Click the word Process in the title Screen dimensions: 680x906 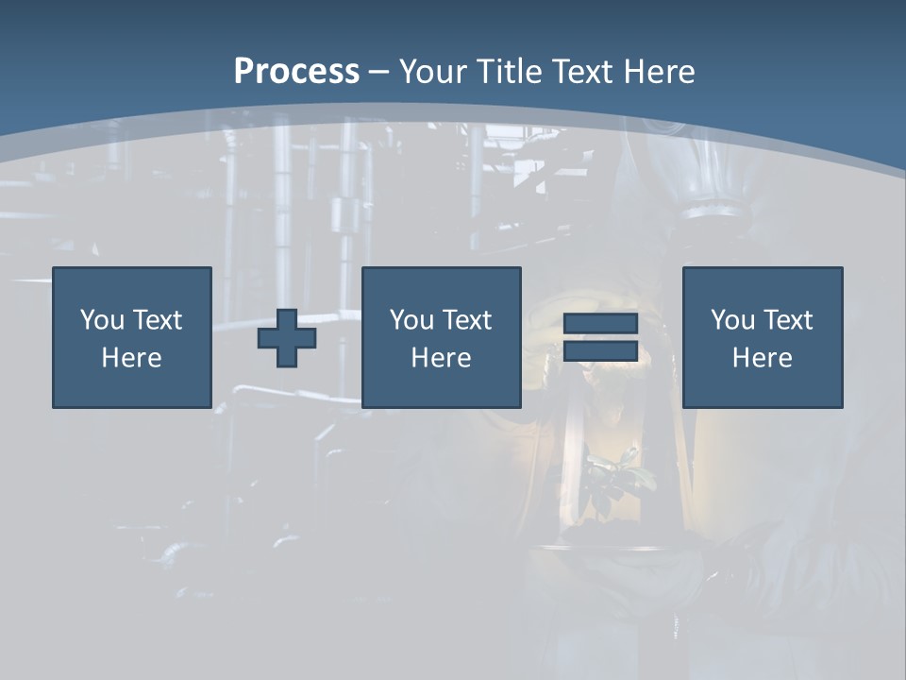pos(296,72)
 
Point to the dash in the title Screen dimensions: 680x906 pos(378,73)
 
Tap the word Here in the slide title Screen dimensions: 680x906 pos(662,72)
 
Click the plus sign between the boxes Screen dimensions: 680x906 pos(287,338)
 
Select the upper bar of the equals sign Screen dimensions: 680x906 pos(600,324)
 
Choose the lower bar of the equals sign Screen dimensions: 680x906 pos(600,350)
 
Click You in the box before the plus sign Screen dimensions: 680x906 pos(102,320)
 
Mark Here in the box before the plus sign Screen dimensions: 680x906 pos(131,358)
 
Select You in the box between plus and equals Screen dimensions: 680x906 pos(411,320)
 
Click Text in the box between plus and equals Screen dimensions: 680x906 pos(466,320)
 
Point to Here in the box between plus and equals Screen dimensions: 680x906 pos(441,358)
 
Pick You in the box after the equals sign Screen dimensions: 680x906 pos(732,320)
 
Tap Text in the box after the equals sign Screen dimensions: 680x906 pos(787,320)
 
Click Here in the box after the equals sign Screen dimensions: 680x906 pos(762,358)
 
